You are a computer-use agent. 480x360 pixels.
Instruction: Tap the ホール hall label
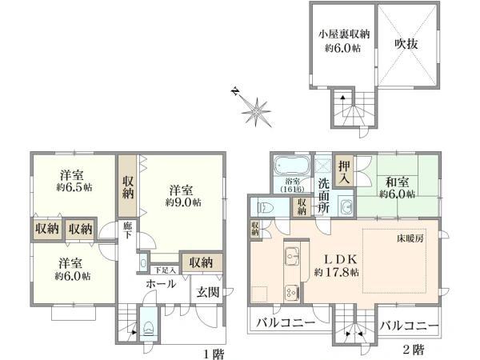[x=160, y=284]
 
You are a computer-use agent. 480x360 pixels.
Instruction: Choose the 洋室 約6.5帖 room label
[x=73, y=181]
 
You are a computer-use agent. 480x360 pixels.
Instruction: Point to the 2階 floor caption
[x=413, y=350]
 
